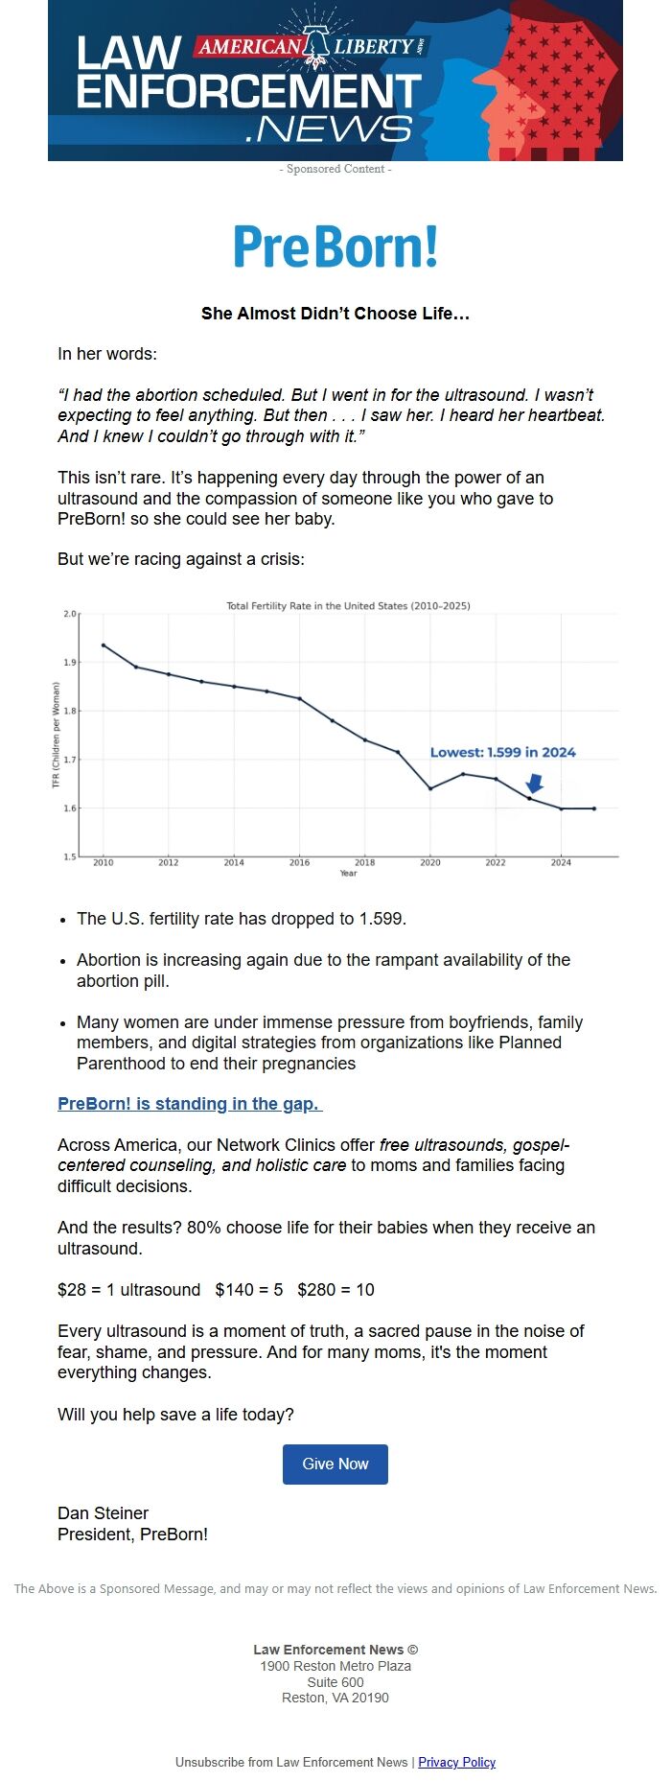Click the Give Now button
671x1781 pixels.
(335, 1464)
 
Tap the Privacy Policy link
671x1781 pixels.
(456, 1762)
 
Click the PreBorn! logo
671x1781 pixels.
(335, 246)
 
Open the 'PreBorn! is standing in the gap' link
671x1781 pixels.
(190, 1103)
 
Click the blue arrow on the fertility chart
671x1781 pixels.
(535, 783)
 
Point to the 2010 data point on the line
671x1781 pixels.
(104, 645)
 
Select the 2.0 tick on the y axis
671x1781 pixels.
(70, 614)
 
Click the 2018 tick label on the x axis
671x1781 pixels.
(364, 862)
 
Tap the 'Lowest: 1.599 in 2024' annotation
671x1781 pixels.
(502, 752)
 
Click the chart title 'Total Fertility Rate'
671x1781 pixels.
(348, 605)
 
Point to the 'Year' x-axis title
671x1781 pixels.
(348, 873)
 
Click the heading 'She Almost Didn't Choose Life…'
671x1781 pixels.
(335, 314)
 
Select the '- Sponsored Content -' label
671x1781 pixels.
(335, 169)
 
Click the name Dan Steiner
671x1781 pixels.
(103, 1512)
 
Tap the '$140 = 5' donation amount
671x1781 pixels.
(249, 1290)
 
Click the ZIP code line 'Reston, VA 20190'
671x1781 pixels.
(335, 1698)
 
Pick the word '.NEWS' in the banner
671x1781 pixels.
(329, 129)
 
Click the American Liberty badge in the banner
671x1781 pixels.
(312, 46)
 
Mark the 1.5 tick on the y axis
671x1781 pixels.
(70, 856)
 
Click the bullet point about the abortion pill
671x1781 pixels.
(323, 970)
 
